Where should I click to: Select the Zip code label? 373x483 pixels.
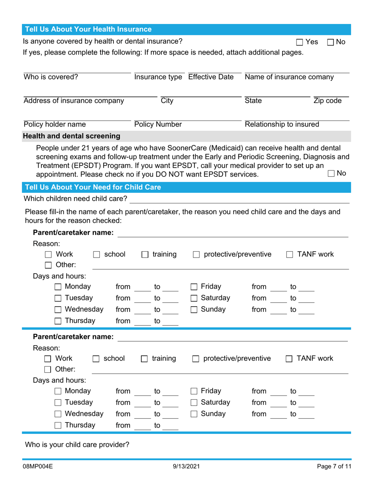coord(327,101)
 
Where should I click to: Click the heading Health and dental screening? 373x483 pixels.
coord(72,136)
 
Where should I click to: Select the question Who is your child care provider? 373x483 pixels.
coord(77,445)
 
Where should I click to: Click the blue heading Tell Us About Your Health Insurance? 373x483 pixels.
coord(88,29)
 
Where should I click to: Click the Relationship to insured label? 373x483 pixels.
coord(282,125)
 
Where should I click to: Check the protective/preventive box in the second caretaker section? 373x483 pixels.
coord(196,359)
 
